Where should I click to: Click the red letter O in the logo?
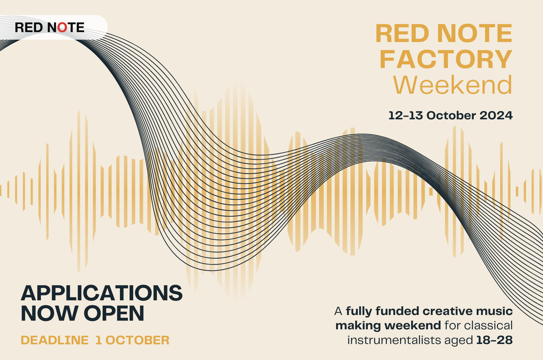[62, 27]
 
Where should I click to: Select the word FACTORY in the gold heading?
[446, 59]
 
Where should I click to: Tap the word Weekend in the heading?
[453, 85]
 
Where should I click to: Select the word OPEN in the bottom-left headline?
[114, 313]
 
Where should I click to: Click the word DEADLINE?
[55, 340]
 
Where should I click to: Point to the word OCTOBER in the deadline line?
[138, 340]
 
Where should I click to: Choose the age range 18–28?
[494, 340]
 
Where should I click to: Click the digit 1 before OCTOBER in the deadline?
[99, 340]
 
